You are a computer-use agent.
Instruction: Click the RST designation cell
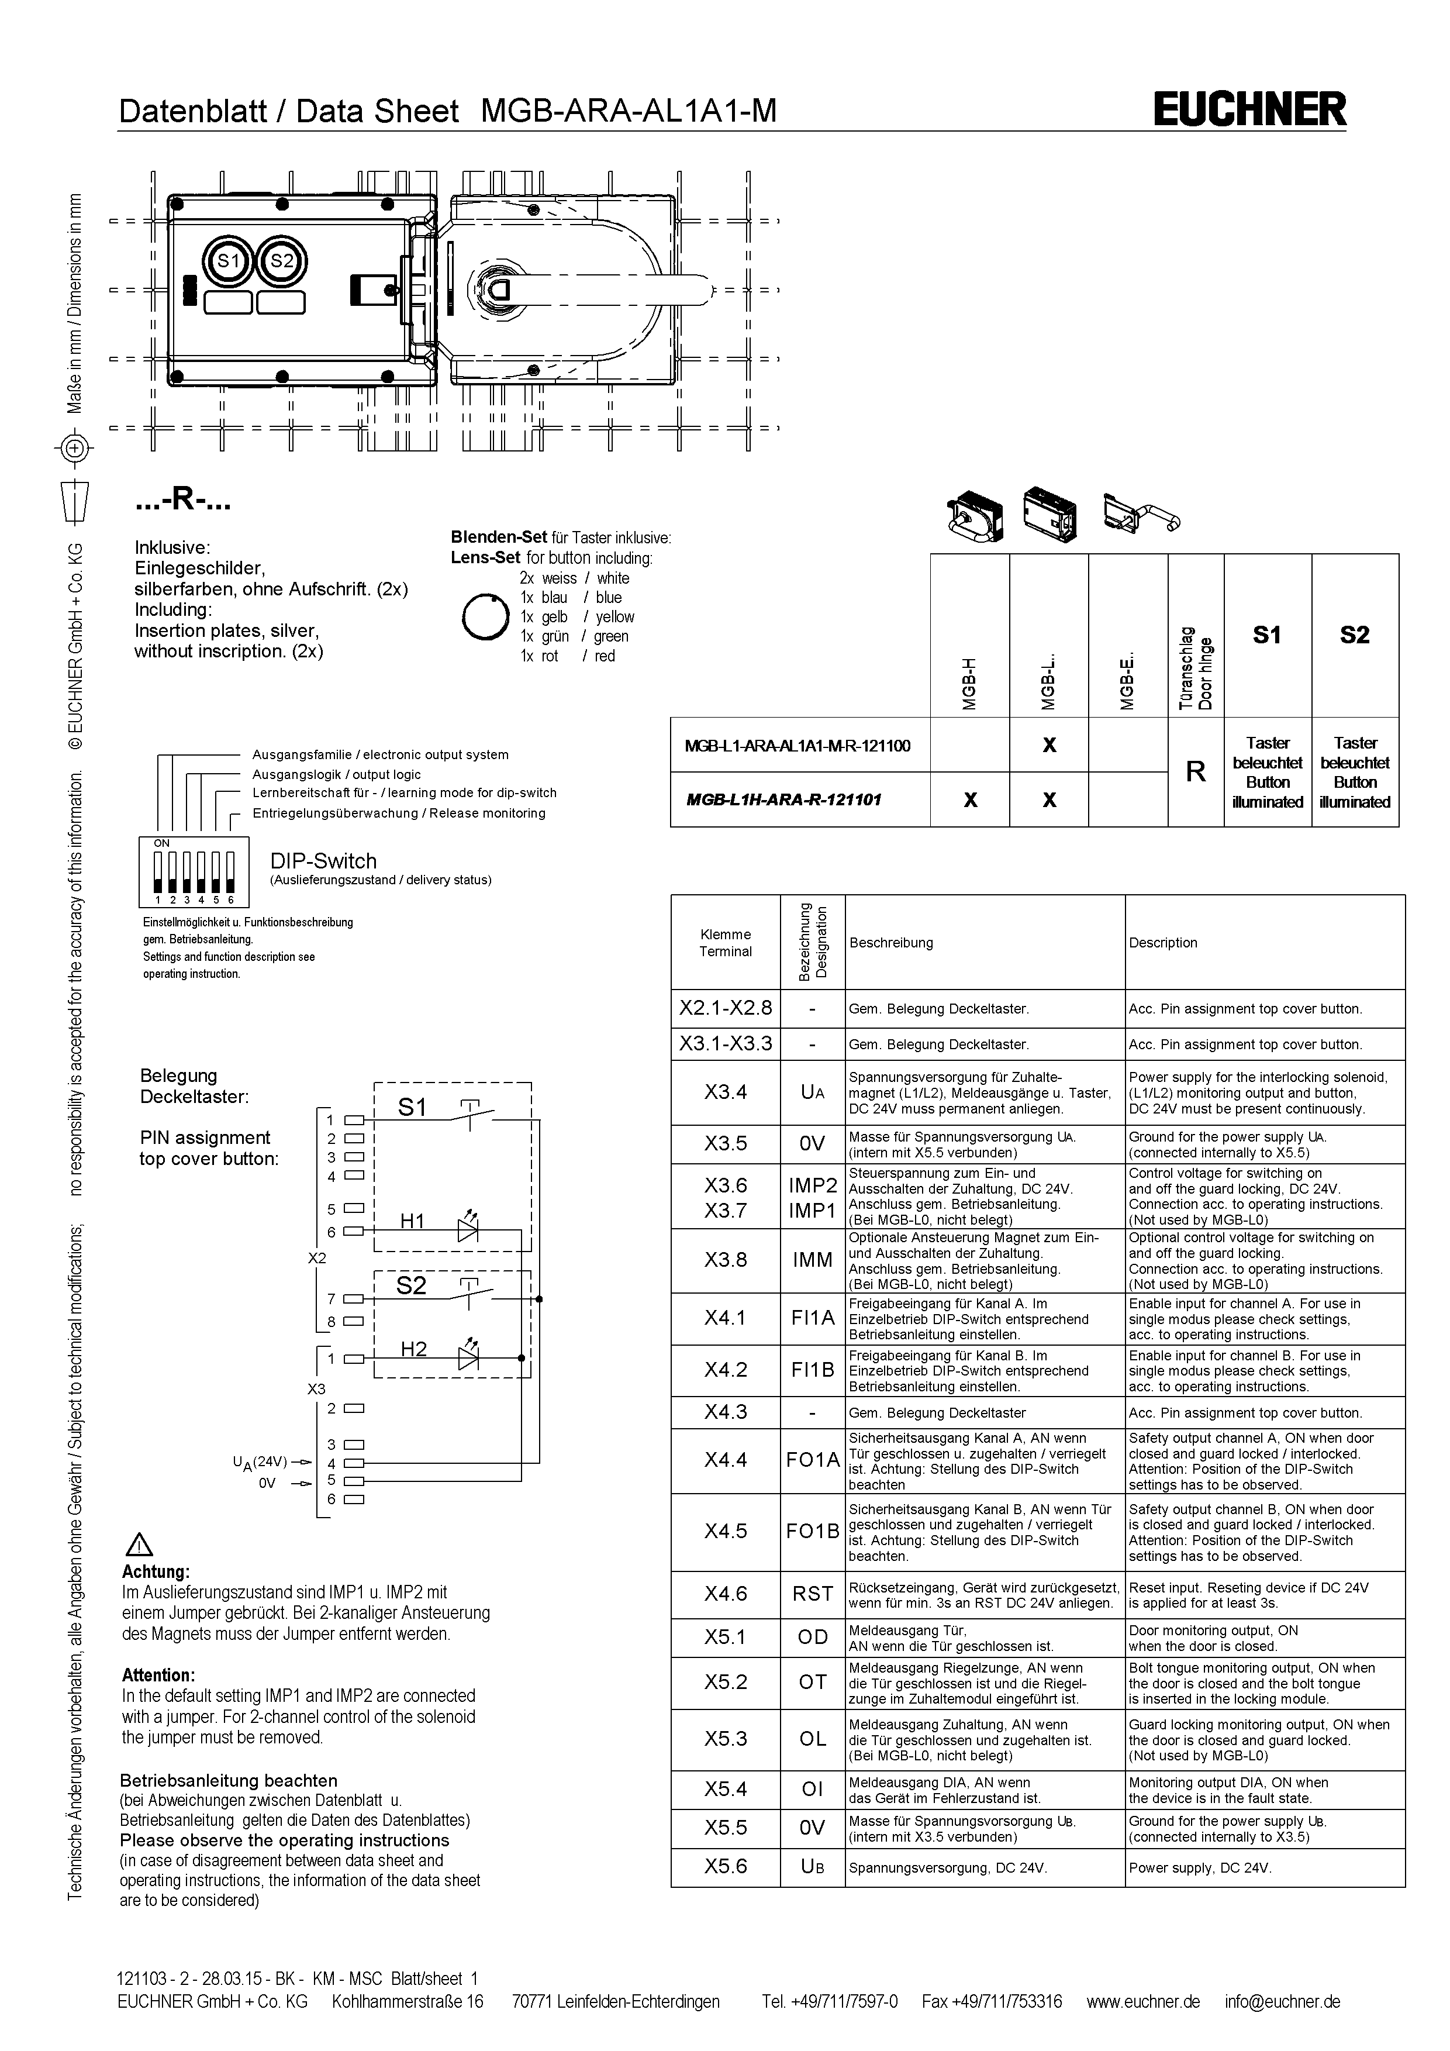[x=813, y=1594]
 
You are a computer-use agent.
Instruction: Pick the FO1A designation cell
[x=813, y=1460]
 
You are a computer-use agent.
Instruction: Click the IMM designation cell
[x=813, y=1260]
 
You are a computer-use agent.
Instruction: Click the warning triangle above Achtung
[x=141, y=1545]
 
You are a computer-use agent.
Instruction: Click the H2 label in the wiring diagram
[x=413, y=1349]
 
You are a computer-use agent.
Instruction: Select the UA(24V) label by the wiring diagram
[x=260, y=1462]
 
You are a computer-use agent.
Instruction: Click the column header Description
[x=1162, y=942]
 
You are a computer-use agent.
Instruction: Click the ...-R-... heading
[x=183, y=502]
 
